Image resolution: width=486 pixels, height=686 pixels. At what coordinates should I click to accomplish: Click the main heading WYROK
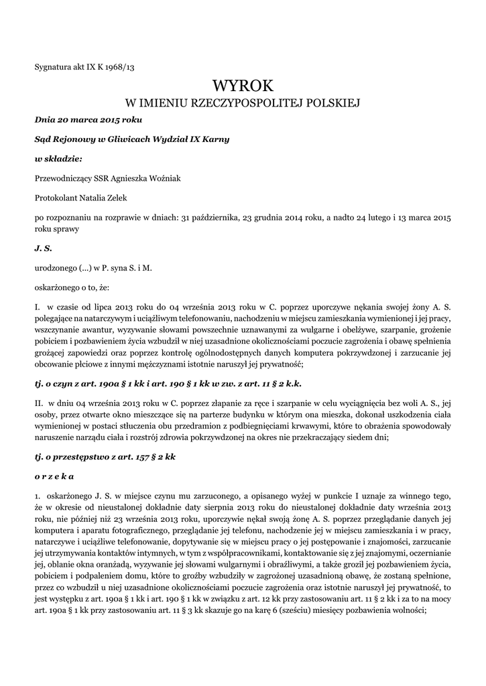click(x=243, y=86)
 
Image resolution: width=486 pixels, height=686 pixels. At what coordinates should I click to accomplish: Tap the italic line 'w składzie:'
click(x=58, y=159)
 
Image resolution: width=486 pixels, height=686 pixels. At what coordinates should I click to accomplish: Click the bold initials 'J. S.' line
click(x=43, y=248)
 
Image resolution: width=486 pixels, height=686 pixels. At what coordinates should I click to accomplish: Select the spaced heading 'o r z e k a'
click(x=54, y=476)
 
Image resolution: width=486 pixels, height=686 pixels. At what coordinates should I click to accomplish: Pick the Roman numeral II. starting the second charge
click(x=39, y=404)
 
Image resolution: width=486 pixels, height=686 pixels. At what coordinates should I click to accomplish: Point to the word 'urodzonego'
click(x=56, y=267)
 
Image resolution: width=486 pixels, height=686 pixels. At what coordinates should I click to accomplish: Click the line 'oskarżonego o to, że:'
click(x=70, y=286)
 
